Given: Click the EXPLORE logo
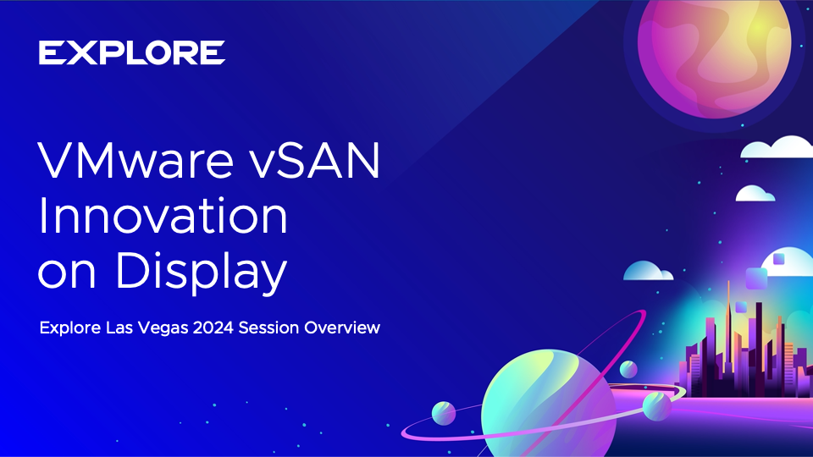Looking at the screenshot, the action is click(132, 52).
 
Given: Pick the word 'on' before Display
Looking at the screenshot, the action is click(67, 273).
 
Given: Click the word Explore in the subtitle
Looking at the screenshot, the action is click(70, 328).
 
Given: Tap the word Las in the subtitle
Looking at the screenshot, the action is click(119, 328).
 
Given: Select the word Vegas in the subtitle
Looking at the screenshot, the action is click(163, 328).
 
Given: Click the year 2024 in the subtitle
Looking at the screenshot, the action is click(213, 328).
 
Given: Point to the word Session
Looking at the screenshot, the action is click(268, 328).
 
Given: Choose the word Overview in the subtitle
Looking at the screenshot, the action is click(342, 328).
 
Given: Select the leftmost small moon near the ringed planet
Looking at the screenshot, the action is click(444, 414).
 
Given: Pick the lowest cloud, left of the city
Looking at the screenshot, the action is click(648, 271).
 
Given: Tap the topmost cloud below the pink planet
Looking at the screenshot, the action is click(777, 147).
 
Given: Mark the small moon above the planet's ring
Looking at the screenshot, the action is click(628, 370).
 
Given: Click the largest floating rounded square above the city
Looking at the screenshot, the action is click(756, 278).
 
